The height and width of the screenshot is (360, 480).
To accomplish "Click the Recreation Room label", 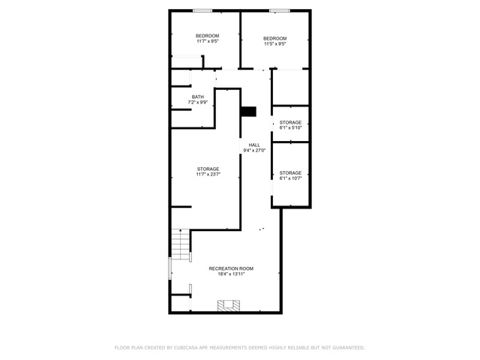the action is coord(231,268).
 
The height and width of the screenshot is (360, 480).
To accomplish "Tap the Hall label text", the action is coord(254,145).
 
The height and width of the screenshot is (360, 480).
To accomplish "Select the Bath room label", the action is coord(198,97).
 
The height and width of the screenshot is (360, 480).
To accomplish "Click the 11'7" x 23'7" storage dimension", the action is coord(208,175).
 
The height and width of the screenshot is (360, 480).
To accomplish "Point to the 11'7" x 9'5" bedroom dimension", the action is coord(208,41).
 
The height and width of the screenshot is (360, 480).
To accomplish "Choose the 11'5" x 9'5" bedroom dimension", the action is coord(275,43).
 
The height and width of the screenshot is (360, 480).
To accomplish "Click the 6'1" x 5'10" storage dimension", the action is coord(290,127).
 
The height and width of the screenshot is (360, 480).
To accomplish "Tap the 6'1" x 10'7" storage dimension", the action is coord(290,178).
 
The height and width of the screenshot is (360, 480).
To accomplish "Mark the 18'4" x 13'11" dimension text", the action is coord(231,274).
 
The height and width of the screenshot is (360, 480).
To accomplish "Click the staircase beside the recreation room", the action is coord(180,244).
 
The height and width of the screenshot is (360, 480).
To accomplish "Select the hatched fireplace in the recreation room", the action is coord(229,306).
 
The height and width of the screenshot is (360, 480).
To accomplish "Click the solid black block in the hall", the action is coord(248,112).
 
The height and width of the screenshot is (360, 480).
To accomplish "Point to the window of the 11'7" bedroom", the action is coord(202,11).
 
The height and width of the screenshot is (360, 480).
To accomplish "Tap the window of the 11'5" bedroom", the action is coord(280,11).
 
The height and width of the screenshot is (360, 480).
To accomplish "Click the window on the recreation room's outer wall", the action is coord(170,268).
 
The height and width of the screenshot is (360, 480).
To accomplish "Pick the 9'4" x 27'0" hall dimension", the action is coord(254,150).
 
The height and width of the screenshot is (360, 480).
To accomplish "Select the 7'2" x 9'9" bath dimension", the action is coord(198,102).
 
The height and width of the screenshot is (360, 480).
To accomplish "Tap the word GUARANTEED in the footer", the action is coord(349,348).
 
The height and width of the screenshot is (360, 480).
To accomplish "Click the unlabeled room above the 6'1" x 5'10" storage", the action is coord(290,88).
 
